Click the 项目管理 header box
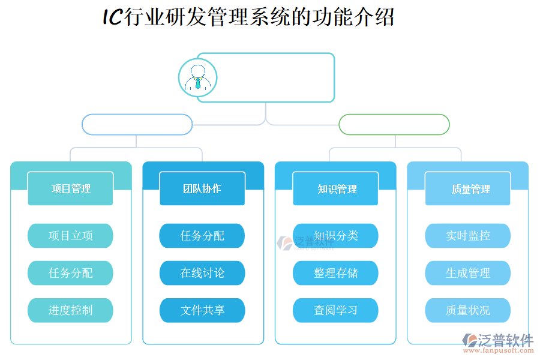click(x=70, y=188)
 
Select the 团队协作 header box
click(x=202, y=188)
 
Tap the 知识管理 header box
click(x=335, y=188)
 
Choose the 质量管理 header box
click(x=467, y=188)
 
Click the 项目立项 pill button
click(x=70, y=236)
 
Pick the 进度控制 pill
click(x=70, y=310)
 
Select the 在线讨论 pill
click(x=202, y=273)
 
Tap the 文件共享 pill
click(x=202, y=310)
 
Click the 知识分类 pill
click(x=335, y=236)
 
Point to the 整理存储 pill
click(x=335, y=273)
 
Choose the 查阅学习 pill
click(x=335, y=310)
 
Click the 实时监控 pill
click(x=467, y=236)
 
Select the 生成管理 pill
click(x=467, y=273)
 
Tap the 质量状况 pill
click(x=467, y=310)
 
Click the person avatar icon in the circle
click(x=197, y=78)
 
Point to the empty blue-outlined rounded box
click(x=137, y=125)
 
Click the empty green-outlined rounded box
click(x=394, y=125)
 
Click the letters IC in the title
click(x=112, y=17)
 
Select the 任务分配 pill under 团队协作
click(x=202, y=236)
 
